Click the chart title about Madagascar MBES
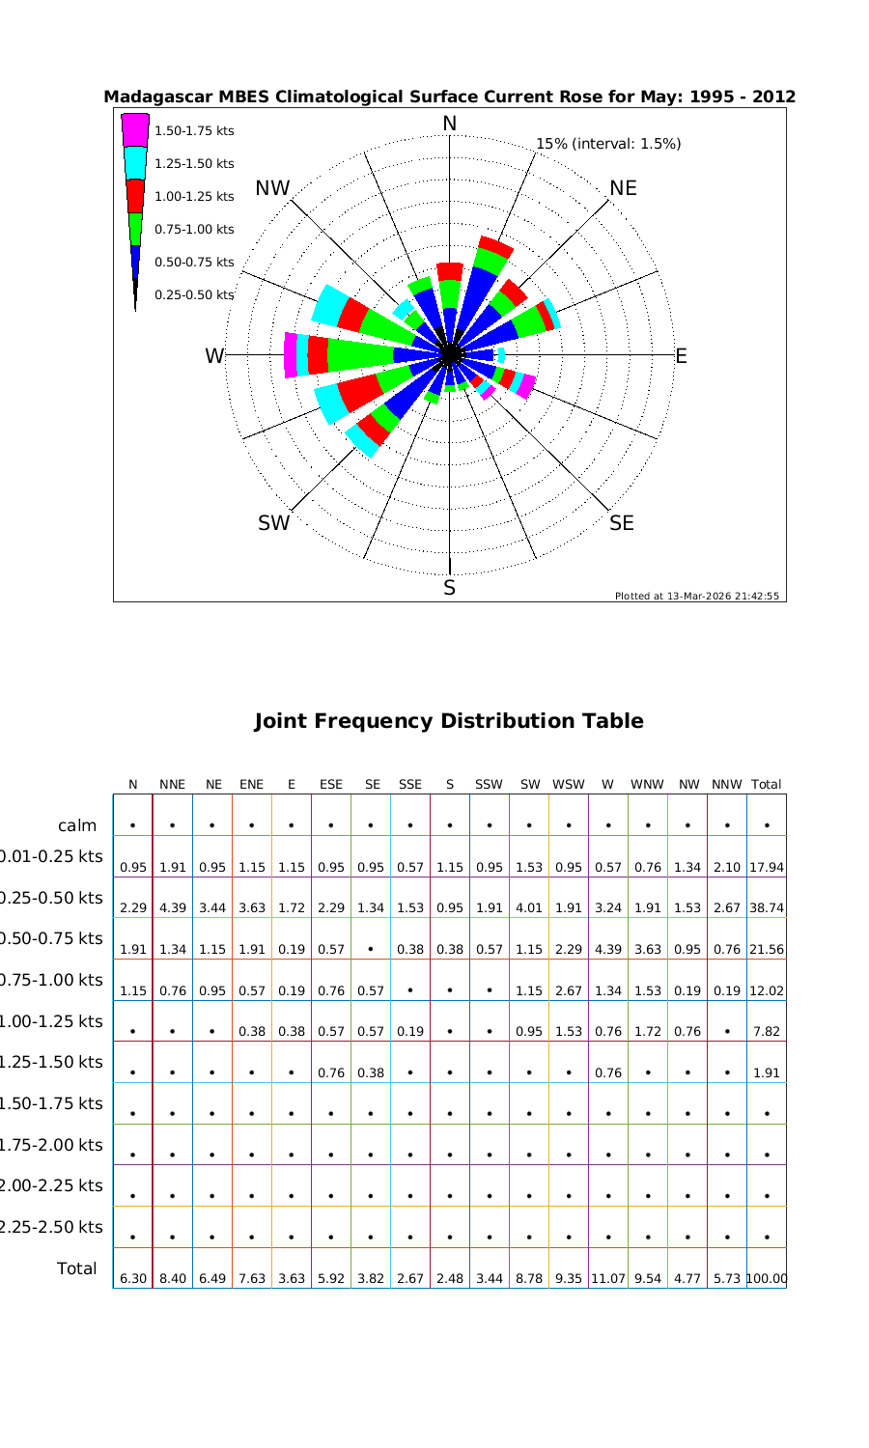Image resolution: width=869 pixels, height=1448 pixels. point(449,97)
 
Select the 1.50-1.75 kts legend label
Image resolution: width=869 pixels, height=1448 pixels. point(194,131)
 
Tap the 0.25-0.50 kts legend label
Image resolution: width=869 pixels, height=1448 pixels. point(194,294)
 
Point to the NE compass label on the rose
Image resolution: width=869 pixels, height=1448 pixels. point(623,188)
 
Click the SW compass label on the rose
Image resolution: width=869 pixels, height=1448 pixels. point(273,523)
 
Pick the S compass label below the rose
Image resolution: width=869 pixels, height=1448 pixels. point(449,588)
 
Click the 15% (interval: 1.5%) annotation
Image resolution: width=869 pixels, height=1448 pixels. point(608,144)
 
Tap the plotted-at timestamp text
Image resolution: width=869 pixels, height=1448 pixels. point(696,596)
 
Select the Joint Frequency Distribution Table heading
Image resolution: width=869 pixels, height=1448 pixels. point(448,721)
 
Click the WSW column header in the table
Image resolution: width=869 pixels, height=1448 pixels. point(568,785)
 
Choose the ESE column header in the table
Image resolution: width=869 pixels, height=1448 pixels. point(330,785)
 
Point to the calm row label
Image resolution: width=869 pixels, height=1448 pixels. point(77,825)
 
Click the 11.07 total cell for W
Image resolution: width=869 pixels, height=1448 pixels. point(607,1278)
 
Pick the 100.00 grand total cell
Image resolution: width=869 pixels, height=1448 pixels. point(767,1278)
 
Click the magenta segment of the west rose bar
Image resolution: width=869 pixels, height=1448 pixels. point(291,355)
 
